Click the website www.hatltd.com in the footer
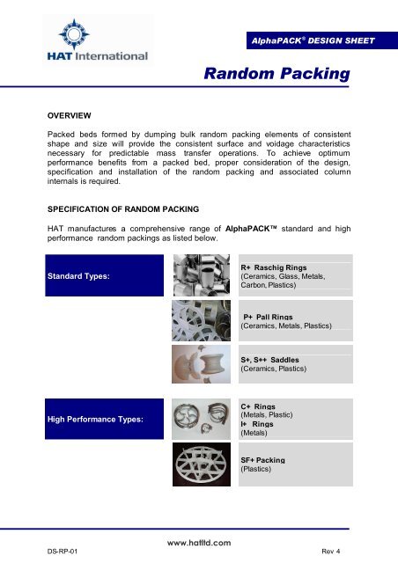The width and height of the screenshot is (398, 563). [x=192, y=544]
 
